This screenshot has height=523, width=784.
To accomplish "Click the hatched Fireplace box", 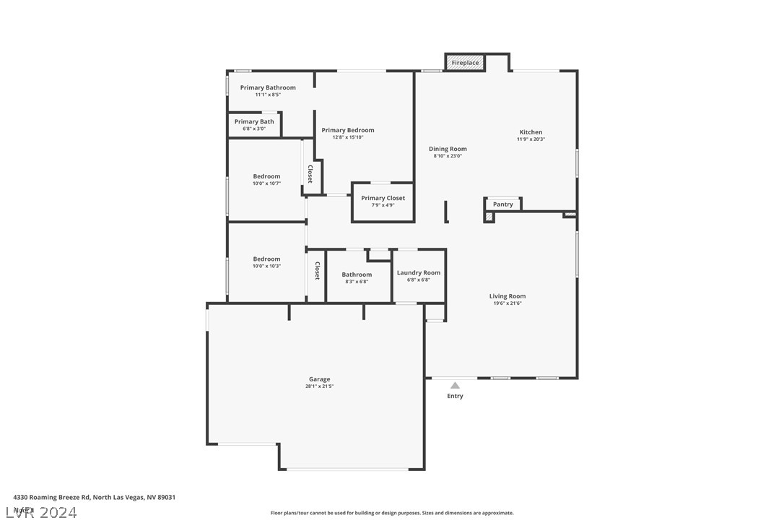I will [465, 63].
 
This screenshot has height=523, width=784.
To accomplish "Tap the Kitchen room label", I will [531, 132].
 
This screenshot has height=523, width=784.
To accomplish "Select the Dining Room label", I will [448, 149].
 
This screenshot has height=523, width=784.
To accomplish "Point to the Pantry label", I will [503, 204].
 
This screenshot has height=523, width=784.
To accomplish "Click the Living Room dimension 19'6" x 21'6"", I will [507, 303].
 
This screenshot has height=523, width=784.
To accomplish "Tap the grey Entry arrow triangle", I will [455, 386].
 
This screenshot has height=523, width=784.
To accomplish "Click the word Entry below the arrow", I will [455, 396].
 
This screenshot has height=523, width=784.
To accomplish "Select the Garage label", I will [319, 379].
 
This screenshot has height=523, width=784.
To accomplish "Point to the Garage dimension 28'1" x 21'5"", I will [319, 386].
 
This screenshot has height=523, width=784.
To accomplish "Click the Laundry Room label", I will [419, 272].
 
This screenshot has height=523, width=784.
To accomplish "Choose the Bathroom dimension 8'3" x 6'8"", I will [357, 282].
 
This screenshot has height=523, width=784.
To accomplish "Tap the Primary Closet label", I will [383, 198].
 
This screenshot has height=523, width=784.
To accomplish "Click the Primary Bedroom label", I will [348, 130].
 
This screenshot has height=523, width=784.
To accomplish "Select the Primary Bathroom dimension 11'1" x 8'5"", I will [268, 95].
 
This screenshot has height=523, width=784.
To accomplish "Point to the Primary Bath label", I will [254, 121].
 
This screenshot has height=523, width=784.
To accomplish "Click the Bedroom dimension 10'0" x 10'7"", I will [266, 183].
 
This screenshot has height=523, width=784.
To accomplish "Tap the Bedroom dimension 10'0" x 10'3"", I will [266, 266].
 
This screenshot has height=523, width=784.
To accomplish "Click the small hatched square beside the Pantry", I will [489, 216].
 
